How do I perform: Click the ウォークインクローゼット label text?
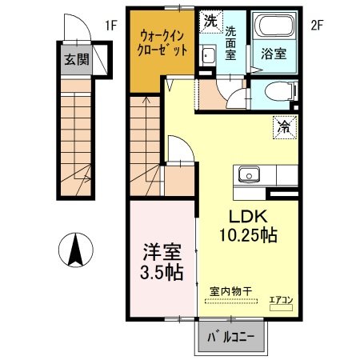164,42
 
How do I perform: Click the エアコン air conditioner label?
281,300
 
